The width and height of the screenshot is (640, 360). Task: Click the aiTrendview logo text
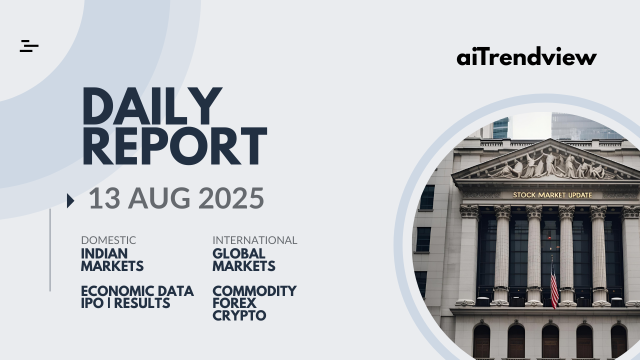tap(526, 56)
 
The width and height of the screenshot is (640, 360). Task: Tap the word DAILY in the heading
tap(152, 106)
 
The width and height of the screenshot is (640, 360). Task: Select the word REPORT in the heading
tap(174, 146)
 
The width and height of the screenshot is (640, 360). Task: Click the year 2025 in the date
tap(231, 198)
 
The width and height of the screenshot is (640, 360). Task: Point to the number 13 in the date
tap(104, 198)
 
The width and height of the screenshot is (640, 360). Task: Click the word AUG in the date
tap(159, 198)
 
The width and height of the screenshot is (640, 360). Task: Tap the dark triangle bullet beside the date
tap(70, 200)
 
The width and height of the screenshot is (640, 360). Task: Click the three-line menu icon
tap(29, 46)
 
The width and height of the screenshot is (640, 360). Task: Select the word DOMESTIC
tap(108, 240)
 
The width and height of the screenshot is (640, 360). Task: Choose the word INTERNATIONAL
tap(255, 240)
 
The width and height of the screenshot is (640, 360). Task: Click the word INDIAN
tap(104, 253)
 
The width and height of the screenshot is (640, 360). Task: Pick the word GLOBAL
tap(239, 253)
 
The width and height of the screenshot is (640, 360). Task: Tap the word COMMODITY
tap(254, 291)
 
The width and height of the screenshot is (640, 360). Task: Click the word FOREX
tap(234, 303)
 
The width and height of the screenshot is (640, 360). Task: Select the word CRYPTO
tap(239, 315)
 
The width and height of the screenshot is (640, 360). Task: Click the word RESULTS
tap(142, 303)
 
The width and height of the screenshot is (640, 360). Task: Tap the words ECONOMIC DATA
tap(137, 291)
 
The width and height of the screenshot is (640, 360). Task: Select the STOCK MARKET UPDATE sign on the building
tap(552, 195)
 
